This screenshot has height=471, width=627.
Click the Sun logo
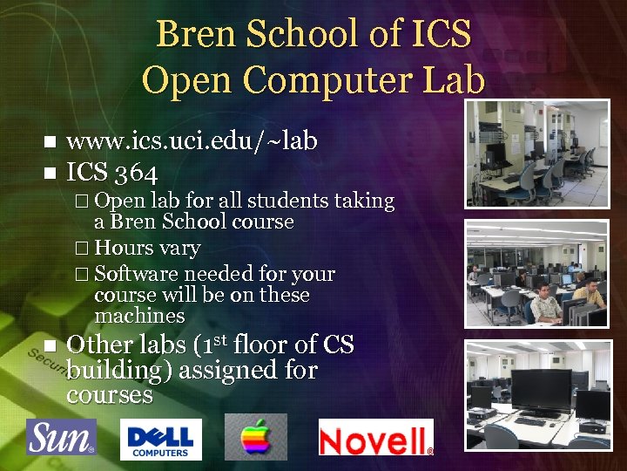pos(61,437)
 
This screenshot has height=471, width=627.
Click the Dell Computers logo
pos(160,439)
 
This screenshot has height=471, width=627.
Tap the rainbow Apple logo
pos(256,437)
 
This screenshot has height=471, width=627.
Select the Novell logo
pos(375,438)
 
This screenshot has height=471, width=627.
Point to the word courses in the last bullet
pos(109,395)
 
